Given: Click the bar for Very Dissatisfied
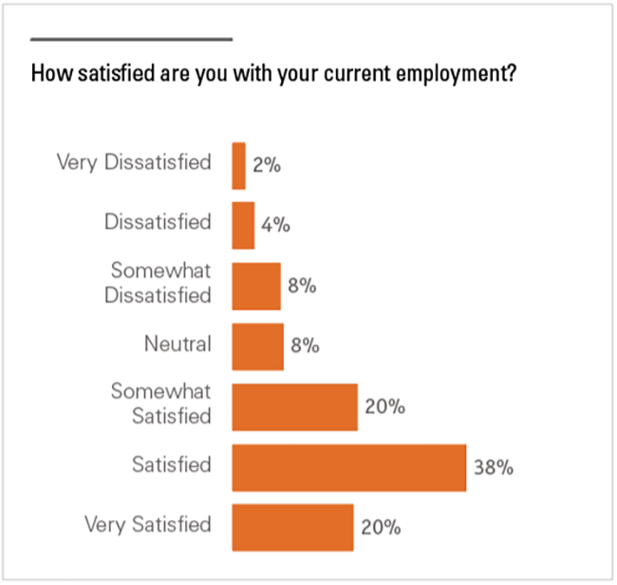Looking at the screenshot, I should click(239, 165).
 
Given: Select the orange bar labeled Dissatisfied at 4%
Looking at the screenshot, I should click(243, 225).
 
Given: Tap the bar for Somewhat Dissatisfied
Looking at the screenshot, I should click(256, 286).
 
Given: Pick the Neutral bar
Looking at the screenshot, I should click(257, 346).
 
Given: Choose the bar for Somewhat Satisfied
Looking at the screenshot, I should click(294, 406).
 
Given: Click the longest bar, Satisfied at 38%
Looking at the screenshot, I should click(348, 466).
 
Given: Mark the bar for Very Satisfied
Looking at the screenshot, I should click(292, 527).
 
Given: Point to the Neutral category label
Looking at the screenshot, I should click(178, 343).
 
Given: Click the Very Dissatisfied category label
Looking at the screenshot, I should click(134, 162).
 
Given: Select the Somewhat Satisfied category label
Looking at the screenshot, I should click(161, 403).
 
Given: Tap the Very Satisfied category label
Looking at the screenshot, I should click(147, 523).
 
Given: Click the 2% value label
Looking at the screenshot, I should click(267, 165).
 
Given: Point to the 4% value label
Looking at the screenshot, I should click(275, 226).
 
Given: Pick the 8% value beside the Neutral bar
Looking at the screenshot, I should click(305, 347).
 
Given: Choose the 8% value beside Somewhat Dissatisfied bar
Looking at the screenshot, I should click(302, 286).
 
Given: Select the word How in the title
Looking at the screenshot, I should click(47, 73).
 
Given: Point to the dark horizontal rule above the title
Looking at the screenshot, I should click(131, 39).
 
